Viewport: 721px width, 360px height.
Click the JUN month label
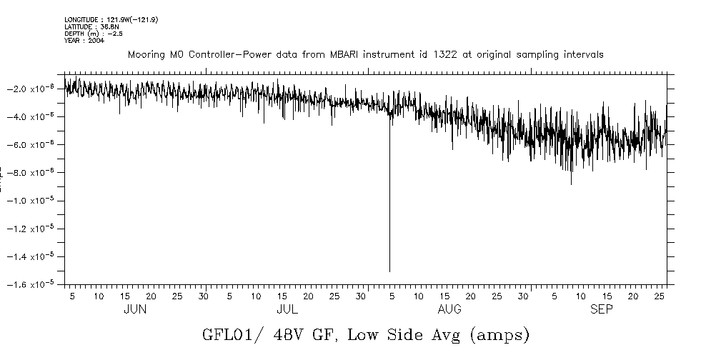click(x=135, y=309)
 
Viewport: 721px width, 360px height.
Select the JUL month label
click(x=287, y=309)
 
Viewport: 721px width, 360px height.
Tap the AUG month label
click(x=449, y=309)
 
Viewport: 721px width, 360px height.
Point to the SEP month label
click(x=601, y=309)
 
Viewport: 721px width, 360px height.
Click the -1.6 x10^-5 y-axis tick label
click(x=34, y=284)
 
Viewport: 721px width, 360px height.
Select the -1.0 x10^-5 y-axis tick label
click(x=34, y=201)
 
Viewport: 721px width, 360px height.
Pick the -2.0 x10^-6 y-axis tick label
click(x=34, y=89)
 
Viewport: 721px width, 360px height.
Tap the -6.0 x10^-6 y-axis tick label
click(x=34, y=145)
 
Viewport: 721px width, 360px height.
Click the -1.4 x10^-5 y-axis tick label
click(x=34, y=256)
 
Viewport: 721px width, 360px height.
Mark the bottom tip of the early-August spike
click(x=389, y=271)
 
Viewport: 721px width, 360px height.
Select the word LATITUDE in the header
click(x=78, y=26)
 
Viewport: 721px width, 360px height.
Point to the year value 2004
click(x=96, y=41)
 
